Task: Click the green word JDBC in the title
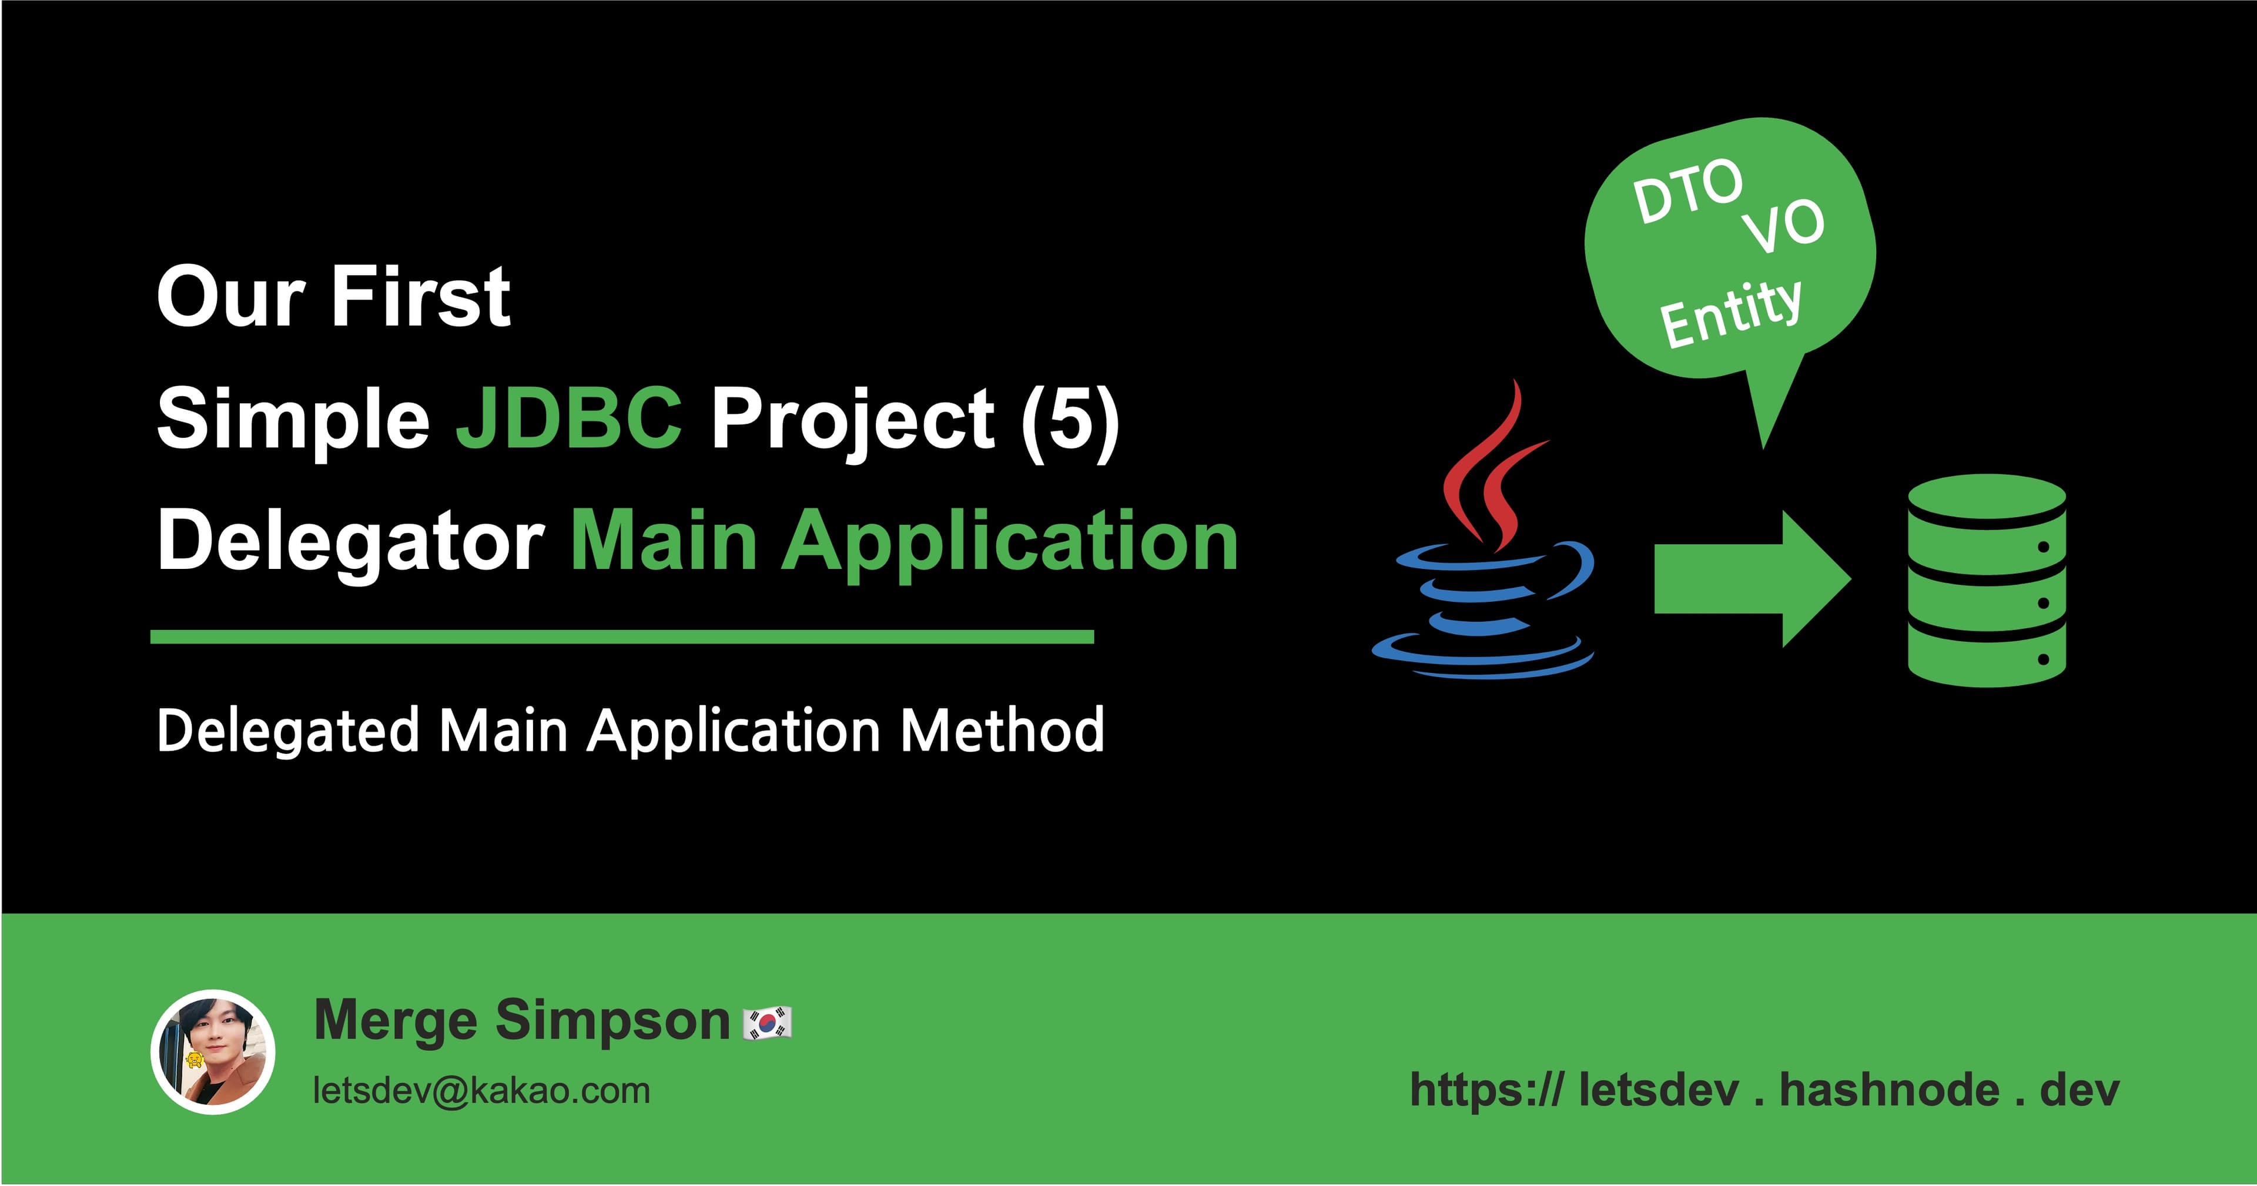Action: coord(568,418)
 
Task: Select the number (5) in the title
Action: coord(1070,418)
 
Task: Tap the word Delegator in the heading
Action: coord(350,541)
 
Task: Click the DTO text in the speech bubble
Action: coord(1687,191)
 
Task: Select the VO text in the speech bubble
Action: coord(1783,226)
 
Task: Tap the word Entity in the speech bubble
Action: coord(1730,311)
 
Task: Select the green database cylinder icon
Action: coord(1986,580)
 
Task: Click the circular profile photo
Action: coord(213,1052)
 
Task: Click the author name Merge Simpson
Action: coord(521,1020)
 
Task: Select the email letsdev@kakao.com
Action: coord(481,1091)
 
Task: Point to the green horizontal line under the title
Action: coord(622,637)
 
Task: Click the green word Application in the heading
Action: coord(1009,541)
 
